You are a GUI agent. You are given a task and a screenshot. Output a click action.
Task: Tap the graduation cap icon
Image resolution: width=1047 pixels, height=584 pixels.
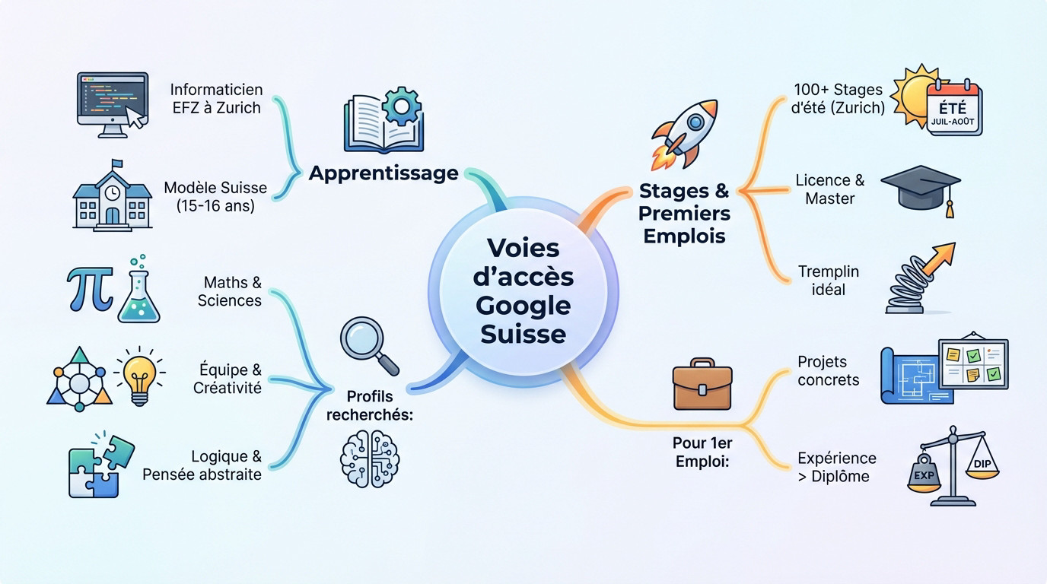[920, 188]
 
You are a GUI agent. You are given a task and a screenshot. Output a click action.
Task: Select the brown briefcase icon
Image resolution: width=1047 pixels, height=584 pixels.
[702, 385]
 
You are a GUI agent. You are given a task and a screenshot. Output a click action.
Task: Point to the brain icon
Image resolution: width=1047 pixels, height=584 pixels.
[369, 459]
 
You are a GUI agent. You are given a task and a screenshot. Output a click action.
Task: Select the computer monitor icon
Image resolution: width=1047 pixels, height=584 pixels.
[112, 103]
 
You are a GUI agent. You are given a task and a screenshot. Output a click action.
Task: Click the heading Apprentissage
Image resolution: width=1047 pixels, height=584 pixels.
[383, 173]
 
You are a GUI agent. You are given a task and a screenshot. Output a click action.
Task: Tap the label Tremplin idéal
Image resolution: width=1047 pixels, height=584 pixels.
[828, 280]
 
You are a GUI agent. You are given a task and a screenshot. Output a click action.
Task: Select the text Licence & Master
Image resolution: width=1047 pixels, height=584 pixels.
[829, 189]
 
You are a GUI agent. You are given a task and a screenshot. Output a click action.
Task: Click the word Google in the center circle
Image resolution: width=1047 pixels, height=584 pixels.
[523, 306]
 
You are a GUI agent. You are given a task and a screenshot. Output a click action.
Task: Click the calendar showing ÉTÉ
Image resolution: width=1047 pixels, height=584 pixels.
[954, 108]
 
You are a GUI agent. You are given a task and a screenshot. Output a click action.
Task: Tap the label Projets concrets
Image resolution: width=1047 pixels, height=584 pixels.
[828, 370]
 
